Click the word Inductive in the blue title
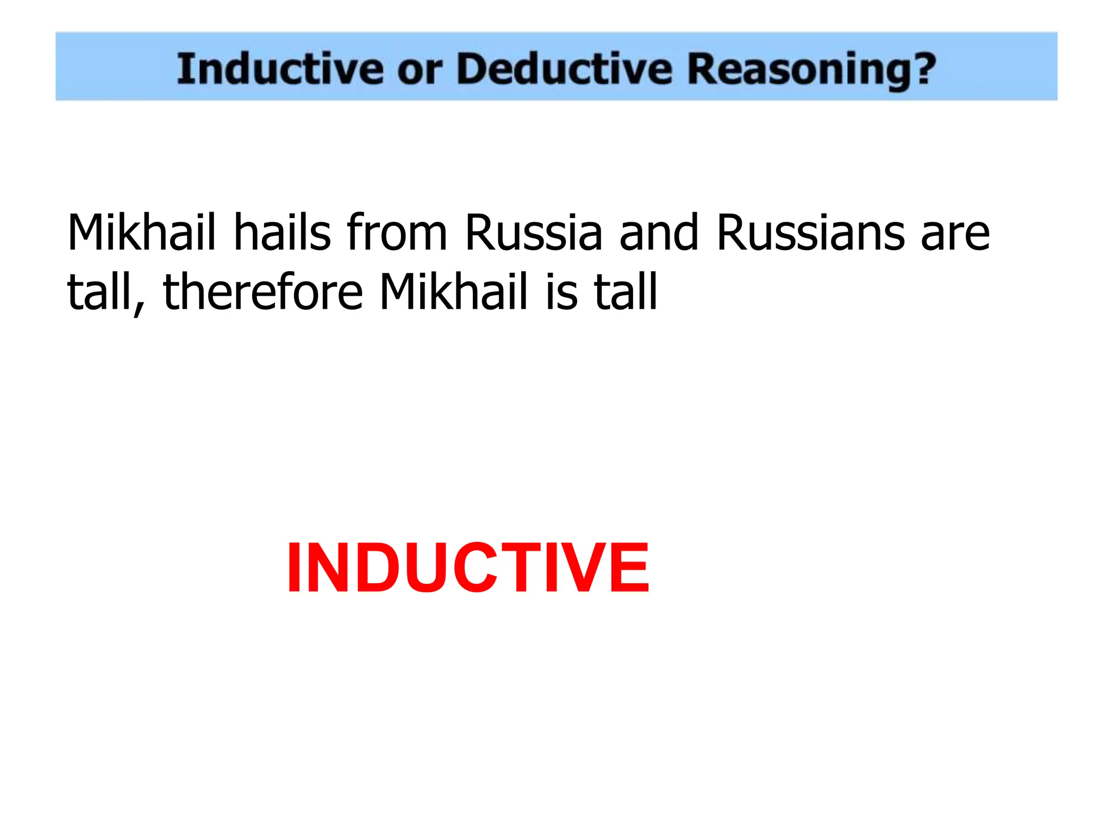point(279,69)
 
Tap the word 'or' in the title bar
point(420,71)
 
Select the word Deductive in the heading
point(564,69)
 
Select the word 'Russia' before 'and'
point(533,234)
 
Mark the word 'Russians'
point(810,234)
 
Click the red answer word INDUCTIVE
point(467,569)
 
